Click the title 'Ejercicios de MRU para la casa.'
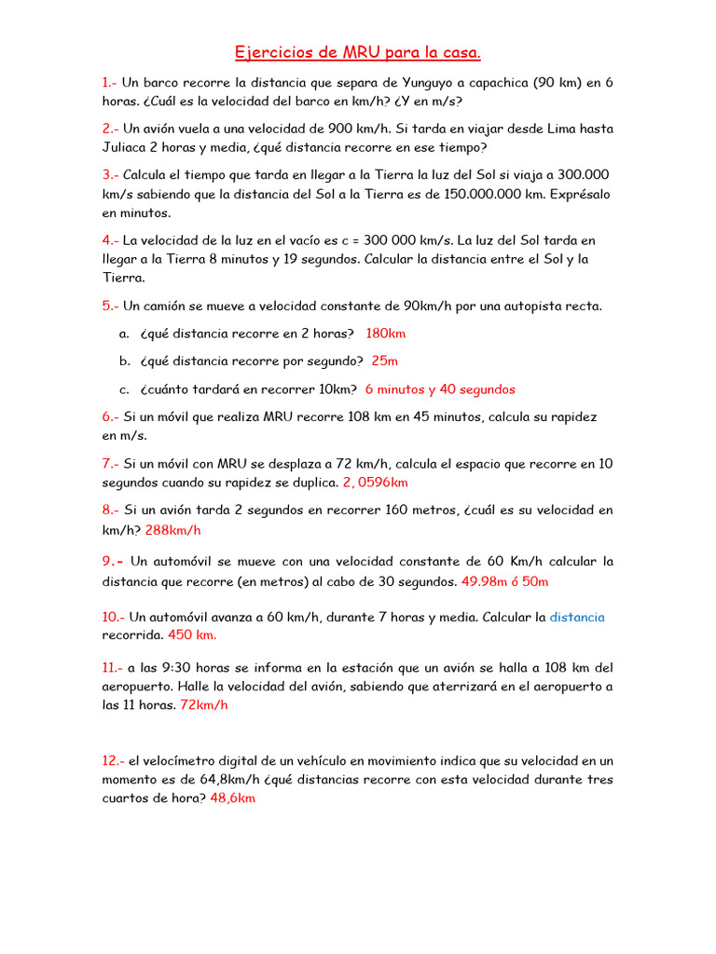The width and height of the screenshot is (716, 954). pos(358,52)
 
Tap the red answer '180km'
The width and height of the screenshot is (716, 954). pos(386,334)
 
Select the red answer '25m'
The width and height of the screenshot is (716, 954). pos(384,361)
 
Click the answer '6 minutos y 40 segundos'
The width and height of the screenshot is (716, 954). pos(440,389)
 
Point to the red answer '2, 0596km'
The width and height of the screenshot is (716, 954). pos(376,483)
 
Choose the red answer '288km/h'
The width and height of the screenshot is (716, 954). pos(172,530)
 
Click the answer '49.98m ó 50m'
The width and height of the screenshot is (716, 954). pos(505,581)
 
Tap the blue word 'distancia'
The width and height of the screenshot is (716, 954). pos(577,617)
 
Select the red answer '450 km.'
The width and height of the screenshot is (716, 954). pos(193,635)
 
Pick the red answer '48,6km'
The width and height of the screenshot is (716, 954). pos(232,798)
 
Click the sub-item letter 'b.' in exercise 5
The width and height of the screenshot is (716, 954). pos(124,361)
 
